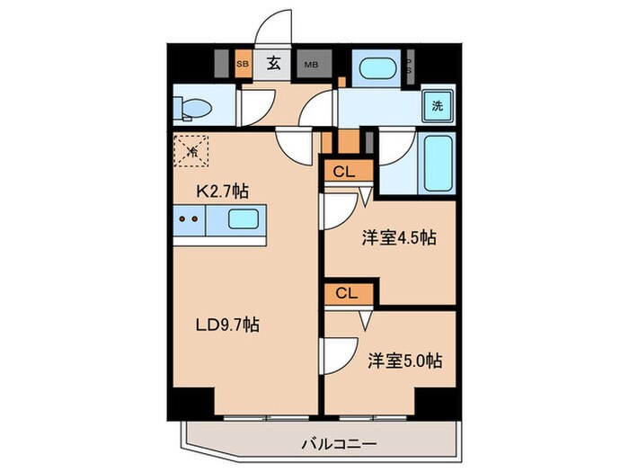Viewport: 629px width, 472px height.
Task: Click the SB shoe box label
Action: tap(243, 64)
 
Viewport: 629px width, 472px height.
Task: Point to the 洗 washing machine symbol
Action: tap(438, 105)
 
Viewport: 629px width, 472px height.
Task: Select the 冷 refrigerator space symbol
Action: tap(190, 149)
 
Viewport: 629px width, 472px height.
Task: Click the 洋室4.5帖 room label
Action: tap(399, 238)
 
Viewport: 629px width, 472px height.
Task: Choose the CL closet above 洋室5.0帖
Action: tap(348, 293)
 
